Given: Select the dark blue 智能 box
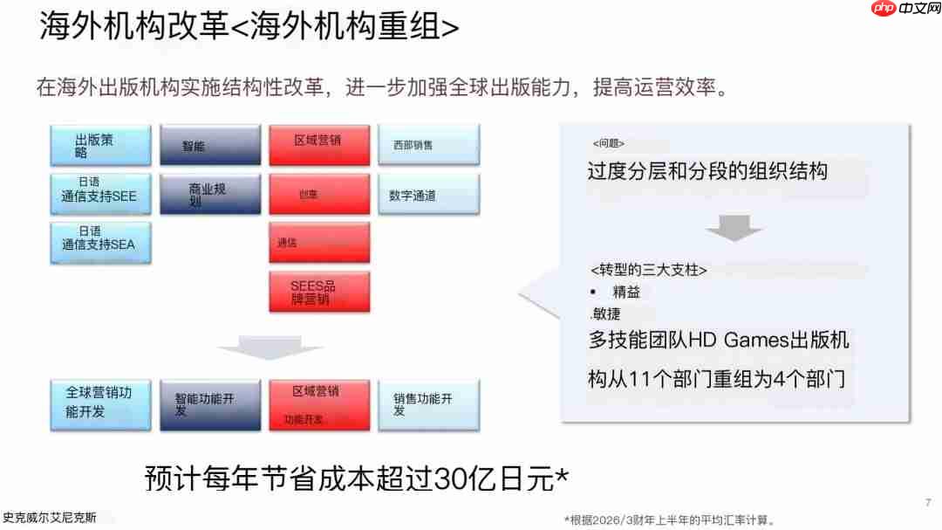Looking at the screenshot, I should (x=209, y=145).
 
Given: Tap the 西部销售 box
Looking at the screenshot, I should (x=428, y=145).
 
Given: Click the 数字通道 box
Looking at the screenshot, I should (x=428, y=196).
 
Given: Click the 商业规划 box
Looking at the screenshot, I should (x=209, y=194).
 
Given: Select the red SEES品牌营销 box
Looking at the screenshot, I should (x=319, y=292).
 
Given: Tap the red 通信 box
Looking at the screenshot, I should (x=319, y=243).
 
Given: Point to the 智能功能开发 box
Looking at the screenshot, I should (x=209, y=403).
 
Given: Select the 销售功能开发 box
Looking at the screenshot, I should (x=428, y=403).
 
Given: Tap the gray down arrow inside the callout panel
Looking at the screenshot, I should (x=734, y=230).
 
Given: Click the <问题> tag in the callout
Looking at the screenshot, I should (x=608, y=143).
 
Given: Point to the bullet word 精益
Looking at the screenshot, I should (x=626, y=293).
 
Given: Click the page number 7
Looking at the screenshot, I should (x=926, y=503).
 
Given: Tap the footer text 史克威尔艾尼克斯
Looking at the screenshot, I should (x=49, y=517).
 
